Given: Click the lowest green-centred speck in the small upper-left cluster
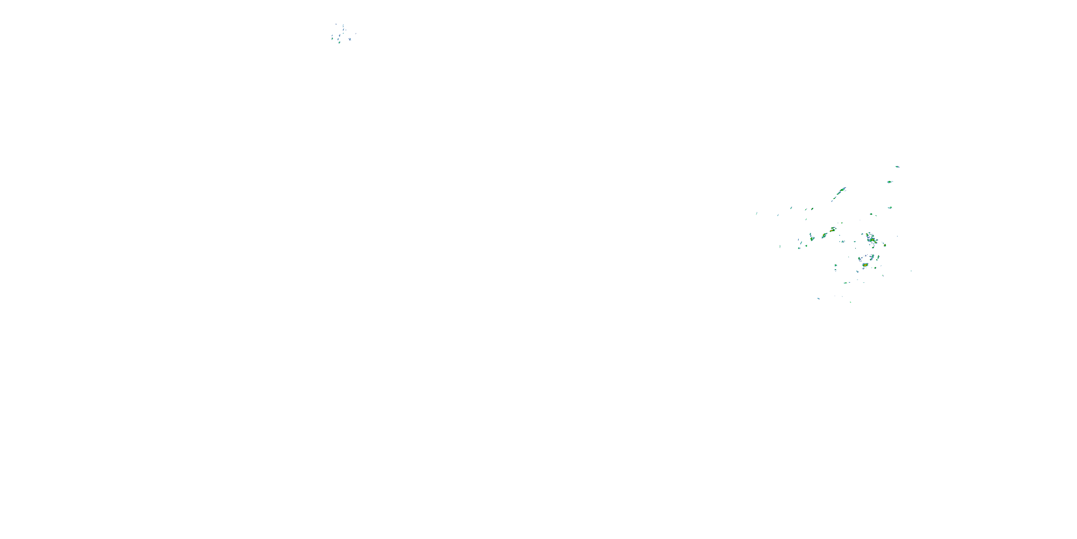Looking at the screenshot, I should [339, 42].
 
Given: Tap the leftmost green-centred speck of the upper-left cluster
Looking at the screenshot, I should [332, 38].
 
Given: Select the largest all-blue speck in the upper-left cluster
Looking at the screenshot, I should [350, 39].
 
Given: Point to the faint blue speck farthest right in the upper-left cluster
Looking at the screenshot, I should [355, 33].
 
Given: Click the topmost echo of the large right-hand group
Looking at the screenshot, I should [897, 167].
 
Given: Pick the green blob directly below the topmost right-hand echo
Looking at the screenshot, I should [889, 182].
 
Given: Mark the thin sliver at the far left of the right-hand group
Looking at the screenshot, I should [756, 214].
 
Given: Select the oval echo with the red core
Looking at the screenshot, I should [865, 265].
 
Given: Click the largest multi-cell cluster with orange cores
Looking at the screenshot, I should [871, 239].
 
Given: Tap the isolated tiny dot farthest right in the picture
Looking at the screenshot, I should [911, 271].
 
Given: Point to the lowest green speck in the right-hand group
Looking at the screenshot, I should [850, 302].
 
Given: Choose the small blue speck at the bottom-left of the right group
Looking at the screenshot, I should [818, 298].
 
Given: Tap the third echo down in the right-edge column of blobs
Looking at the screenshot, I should [890, 207].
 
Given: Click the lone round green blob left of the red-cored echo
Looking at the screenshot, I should [835, 265].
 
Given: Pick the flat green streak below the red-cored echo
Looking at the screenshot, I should [845, 283].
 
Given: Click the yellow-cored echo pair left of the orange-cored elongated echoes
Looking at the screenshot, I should [811, 238].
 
